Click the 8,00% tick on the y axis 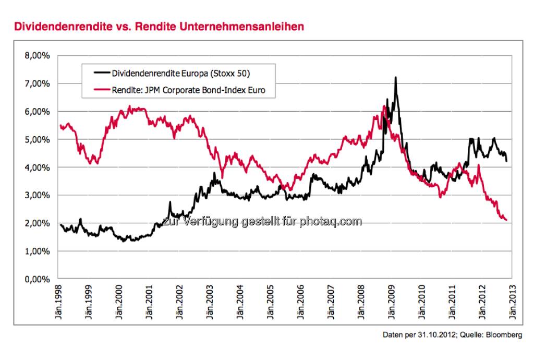coord(38,55)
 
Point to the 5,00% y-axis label coord(38,139)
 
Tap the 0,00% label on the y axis coord(38,279)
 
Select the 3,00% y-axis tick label coord(38,195)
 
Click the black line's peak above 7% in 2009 coord(395,78)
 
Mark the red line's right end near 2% coord(506,220)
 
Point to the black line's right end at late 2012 coord(506,161)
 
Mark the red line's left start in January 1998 coord(61,126)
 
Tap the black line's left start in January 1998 coord(61,225)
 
